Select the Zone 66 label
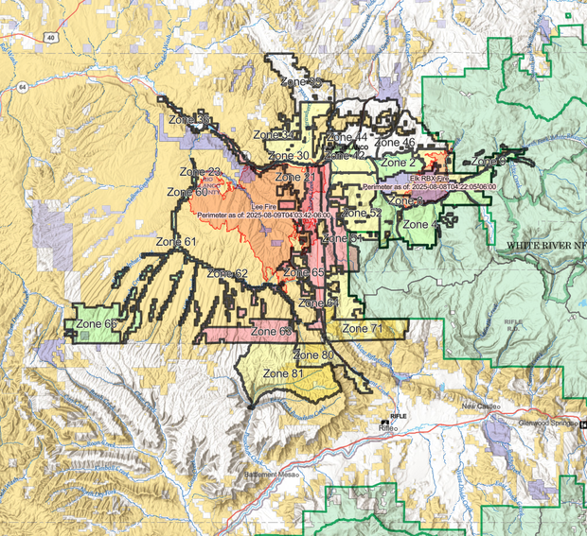point(98,324)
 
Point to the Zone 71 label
point(363,328)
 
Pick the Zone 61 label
point(177,243)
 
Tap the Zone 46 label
point(396,143)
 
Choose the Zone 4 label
point(420,225)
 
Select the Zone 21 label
point(295,178)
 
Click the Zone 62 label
point(227,274)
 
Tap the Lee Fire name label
point(264,205)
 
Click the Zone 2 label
point(399,163)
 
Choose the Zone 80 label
point(313,355)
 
